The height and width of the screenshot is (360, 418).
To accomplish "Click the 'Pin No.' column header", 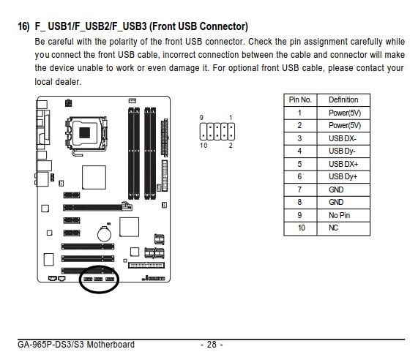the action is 300,100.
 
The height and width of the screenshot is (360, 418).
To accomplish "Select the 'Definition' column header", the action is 343,100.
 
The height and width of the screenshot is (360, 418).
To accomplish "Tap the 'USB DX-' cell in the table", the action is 343,138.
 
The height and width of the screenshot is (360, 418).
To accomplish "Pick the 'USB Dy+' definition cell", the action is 343,176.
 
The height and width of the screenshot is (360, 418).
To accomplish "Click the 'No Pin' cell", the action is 340,215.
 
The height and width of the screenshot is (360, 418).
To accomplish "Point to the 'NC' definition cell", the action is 334,228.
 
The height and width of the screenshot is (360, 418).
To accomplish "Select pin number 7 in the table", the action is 299,190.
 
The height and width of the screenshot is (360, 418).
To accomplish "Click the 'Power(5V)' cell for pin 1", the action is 345,113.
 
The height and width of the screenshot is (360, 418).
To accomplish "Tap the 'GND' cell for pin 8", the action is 336,202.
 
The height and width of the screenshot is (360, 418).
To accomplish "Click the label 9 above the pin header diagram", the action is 201,118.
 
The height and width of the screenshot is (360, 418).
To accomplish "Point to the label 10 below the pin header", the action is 204,146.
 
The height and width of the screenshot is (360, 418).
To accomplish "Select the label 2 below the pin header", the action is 231,146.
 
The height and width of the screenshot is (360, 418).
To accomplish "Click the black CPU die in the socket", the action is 84,132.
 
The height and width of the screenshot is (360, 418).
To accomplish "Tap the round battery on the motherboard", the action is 104,234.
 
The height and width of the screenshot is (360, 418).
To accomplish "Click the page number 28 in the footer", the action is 212,345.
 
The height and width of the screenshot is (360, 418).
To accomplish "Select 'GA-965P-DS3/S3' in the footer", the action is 51,345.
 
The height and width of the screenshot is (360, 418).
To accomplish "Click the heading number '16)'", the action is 23,26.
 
